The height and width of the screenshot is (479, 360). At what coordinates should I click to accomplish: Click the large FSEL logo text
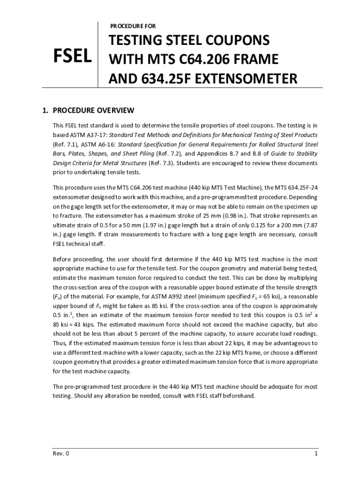click(x=72, y=58)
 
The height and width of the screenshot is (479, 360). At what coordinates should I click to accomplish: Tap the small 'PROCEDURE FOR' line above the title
click(x=133, y=26)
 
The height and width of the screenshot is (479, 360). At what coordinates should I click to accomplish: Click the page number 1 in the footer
click(x=317, y=454)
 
